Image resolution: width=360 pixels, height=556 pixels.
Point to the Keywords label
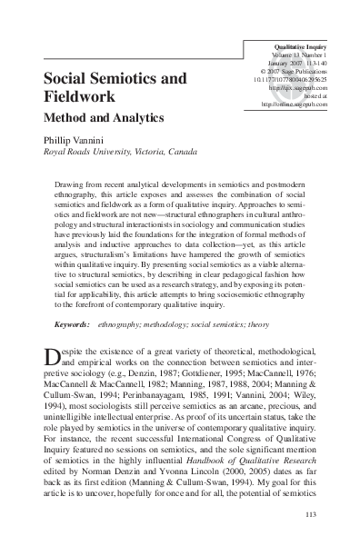(x=74, y=323)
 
